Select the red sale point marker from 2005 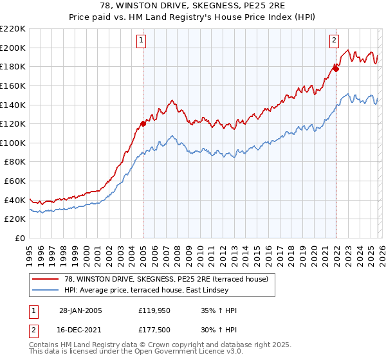tap(143, 123)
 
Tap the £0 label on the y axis tap(19, 238)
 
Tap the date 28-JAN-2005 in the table tap(80, 310)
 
